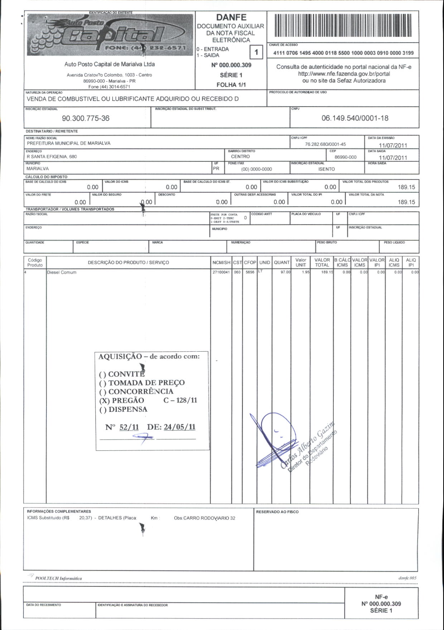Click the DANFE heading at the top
pyautogui.click(x=231, y=17)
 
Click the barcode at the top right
pyautogui.click(x=343, y=26)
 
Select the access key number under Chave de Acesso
pyautogui.click(x=343, y=53)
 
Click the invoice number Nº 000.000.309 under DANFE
pyautogui.click(x=231, y=65)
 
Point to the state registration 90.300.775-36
pyautogui.click(x=86, y=118)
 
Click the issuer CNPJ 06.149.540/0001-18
pyautogui.click(x=354, y=118)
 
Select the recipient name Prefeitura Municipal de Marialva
pyautogui.click(x=69, y=143)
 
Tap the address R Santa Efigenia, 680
pyautogui.click(x=52, y=157)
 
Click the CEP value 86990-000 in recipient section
pyautogui.click(x=345, y=157)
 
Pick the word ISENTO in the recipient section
pyautogui.click(x=326, y=169)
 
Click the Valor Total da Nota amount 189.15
pyautogui.click(x=406, y=202)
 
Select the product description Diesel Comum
pyautogui.click(x=62, y=272)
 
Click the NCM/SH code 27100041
pyautogui.click(x=221, y=272)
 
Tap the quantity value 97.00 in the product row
pyautogui.click(x=285, y=272)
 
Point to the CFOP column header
pyautogui.click(x=250, y=262)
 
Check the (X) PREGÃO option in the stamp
pyautogui.click(x=122, y=401)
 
